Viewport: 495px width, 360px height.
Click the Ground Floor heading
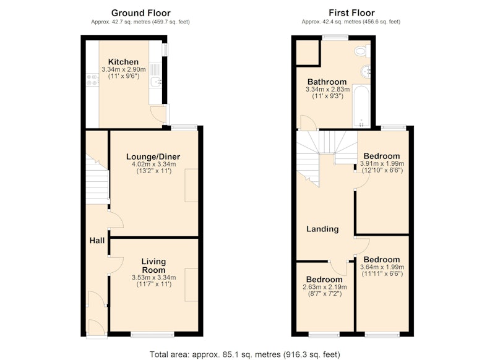[x=141, y=13]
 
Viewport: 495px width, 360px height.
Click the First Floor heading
[x=351, y=13]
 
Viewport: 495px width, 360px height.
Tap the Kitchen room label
[x=123, y=62]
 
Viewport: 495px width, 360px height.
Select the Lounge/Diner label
[x=153, y=157]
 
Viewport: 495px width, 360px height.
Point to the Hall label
[x=97, y=241]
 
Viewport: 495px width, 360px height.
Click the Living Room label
[x=153, y=265]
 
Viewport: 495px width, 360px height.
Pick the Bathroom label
[x=327, y=82]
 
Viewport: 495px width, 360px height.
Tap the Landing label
[x=322, y=229]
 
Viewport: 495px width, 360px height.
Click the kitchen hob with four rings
[x=92, y=80]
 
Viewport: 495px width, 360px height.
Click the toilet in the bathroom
[x=362, y=51]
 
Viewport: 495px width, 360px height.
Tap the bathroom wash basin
[x=366, y=71]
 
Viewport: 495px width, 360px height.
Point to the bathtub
[x=361, y=106]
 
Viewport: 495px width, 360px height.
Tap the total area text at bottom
[x=245, y=354]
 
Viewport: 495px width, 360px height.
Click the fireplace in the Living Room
[x=191, y=285]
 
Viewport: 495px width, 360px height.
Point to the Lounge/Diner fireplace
[x=191, y=185]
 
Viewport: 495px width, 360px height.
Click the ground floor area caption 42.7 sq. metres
[x=140, y=22]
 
